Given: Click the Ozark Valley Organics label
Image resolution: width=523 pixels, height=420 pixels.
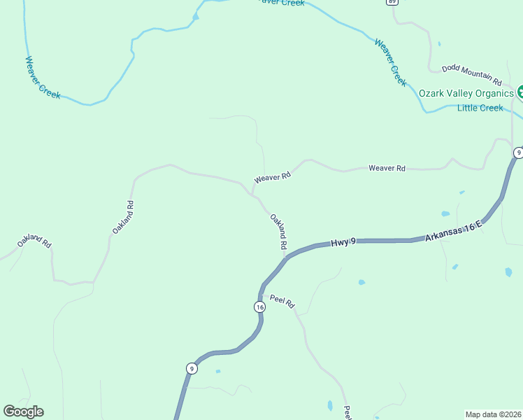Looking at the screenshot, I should (466, 93).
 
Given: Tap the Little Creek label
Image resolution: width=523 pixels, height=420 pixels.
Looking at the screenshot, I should (480, 108).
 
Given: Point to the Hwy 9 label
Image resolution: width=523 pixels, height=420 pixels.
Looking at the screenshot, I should (343, 242).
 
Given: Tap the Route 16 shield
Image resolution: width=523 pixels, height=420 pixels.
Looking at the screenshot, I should (259, 307).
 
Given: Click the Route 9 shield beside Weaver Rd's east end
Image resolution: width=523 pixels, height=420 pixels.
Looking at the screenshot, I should (518, 153).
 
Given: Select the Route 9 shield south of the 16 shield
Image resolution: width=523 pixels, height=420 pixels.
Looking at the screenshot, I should (192, 368).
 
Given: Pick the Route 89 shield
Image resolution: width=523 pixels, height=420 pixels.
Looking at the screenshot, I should (391, 2).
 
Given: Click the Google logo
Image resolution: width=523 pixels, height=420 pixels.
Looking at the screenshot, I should (23, 412).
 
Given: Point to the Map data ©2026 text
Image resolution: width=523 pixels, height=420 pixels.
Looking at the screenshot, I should (493, 414).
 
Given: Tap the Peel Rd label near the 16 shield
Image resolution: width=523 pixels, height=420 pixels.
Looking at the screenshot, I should (282, 302).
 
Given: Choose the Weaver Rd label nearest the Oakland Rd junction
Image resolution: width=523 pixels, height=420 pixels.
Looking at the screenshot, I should (272, 178).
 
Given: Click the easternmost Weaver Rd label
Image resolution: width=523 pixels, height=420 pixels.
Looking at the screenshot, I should (387, 169).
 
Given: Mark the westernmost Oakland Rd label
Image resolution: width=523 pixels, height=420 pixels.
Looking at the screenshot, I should (34, 241).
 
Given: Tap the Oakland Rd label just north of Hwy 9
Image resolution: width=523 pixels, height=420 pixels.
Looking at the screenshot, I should (278, 232).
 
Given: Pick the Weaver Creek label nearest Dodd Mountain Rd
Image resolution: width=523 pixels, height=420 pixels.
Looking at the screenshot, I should (390, 62).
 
